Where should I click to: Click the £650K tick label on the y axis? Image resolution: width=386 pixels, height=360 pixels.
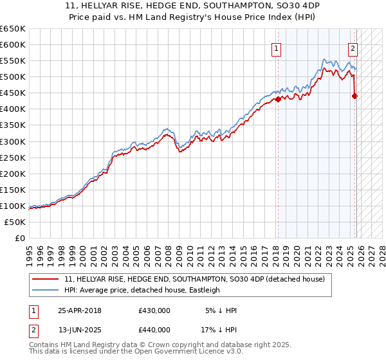click(x=13, y=29)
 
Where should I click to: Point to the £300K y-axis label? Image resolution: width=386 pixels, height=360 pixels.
click(x=13, y=141)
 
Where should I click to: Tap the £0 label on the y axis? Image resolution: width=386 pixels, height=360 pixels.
click(x=20, y=239)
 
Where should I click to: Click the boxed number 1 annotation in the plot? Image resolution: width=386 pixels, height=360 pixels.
click(x=277, y=48)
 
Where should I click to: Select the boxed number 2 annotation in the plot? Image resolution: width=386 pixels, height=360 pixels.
click(x=353, y=48)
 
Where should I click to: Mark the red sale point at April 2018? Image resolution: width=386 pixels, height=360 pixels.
click(x=278, y=99)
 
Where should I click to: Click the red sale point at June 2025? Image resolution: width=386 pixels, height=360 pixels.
click(x=354, y=96)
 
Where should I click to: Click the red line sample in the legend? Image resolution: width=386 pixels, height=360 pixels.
click(x=46, y=279)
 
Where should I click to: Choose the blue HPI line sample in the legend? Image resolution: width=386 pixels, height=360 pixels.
click(x=46, y=290)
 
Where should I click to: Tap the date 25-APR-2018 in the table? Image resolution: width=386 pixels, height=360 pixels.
click(x=80, y=310)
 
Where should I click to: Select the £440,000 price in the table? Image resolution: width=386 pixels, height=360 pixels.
click(x=154, y=330)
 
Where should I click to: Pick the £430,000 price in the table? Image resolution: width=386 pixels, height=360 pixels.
click(x=154, y=310)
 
